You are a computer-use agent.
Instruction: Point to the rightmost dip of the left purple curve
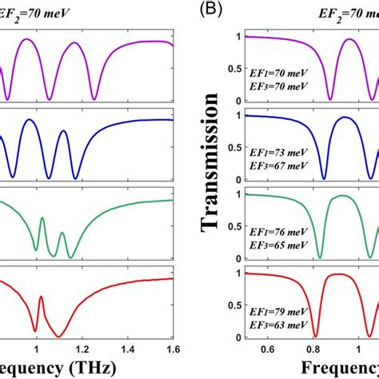click(x=100, y=98)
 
